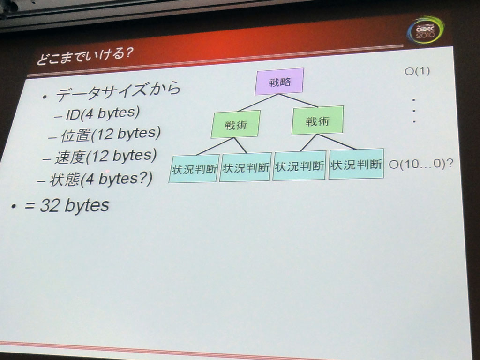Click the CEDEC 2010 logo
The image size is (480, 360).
[425, 30]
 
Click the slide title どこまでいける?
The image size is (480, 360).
[85, 56]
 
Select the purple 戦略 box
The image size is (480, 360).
[279, 82]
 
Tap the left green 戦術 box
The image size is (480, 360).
[235, 125]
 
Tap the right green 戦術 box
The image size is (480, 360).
[317, 120]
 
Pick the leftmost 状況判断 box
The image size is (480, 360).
[194, 169]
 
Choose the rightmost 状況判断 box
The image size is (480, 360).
[356, 164]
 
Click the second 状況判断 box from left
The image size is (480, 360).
[246, 167]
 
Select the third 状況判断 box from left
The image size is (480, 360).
[299, 165]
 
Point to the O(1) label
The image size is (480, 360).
[417, 71]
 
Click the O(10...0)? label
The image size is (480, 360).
[421, 164]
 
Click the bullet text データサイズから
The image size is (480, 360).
[118, 91]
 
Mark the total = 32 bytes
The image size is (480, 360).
[67, 205]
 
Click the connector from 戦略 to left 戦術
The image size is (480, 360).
[258, 103]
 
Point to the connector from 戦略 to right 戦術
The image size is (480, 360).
[299, 100]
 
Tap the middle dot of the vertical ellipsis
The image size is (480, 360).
[414, 111]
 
